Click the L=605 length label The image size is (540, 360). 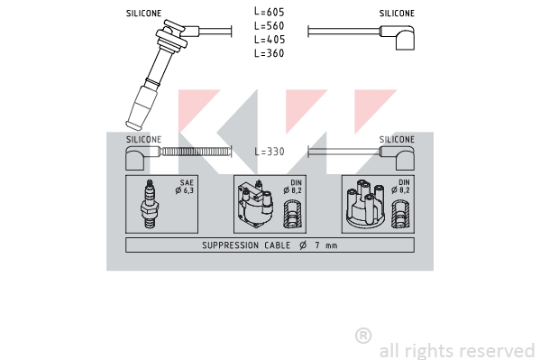(x=270, y=12)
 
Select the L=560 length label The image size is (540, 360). (x=270, y=25)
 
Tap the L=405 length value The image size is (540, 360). (x=270, y=40)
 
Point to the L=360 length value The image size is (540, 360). (x=270, y=53)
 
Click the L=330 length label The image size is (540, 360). (x=270, y=152)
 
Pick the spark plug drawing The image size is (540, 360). (x=150, y=204)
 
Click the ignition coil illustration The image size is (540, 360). (x=255, y=204)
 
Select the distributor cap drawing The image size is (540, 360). (x=365, y=205)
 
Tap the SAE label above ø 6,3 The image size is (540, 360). (x=187, y=182)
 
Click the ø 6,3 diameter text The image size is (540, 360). (x=185, y=190)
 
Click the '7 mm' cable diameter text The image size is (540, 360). (x=326, y=245)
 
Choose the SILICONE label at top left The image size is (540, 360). (x=143, y=14)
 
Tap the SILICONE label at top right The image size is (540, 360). (x=397, y=14)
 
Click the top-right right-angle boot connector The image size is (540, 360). (x=399, y=36)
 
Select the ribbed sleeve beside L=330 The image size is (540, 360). (x=196, y=152)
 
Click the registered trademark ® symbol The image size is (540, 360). (x=363, y=336)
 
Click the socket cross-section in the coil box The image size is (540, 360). (x=292, y=215)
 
